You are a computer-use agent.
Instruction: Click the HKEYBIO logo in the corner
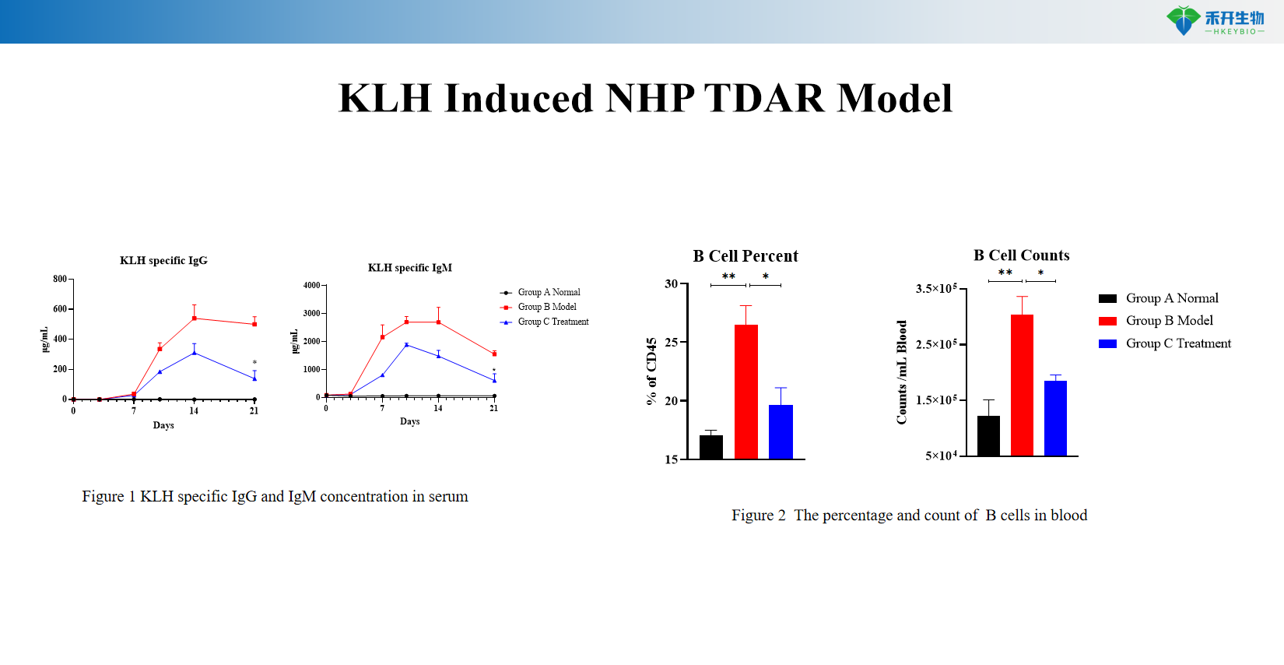[1215, 21]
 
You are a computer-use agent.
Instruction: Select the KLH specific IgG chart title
[163, 261]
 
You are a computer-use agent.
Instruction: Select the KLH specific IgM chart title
[409, 268]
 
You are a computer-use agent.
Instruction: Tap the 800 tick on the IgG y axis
[60, 279]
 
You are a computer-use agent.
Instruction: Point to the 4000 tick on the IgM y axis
[311, 286]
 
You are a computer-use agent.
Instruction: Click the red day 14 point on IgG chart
[194, 318]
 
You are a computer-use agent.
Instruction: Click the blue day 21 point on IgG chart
[254, 378]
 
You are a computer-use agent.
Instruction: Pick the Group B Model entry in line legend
[546, 307]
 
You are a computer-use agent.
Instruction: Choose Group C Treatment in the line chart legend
[553, 322]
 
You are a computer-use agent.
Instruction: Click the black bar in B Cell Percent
[711, 447]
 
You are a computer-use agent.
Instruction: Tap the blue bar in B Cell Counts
[1055, 418]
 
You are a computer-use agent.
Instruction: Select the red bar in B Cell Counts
[1022, 385]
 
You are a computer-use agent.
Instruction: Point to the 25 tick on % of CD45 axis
[671, 342]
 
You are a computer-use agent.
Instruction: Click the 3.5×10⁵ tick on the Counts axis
[936, 289]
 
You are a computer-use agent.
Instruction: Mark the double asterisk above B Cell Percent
[728, 277]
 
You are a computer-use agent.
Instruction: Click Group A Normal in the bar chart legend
[1171, 298]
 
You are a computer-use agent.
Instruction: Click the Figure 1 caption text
[275, 497]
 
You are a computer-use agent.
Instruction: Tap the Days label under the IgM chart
[409, 421]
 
